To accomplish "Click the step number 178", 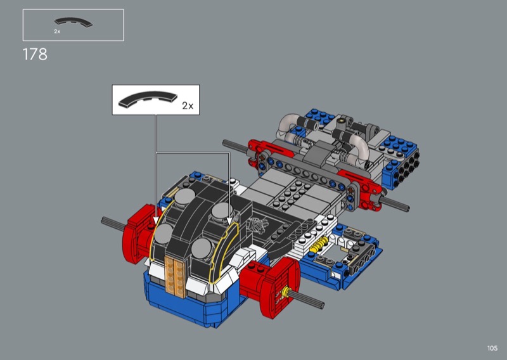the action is tap(35, 55).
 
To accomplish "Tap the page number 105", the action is tap(492, 348).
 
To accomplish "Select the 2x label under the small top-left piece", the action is tap(57, 32).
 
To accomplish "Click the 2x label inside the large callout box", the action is tap(188, 106).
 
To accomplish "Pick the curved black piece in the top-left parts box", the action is tap(74, 22).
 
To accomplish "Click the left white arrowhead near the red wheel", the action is tap(156, 221).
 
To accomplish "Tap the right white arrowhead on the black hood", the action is tap(229, 221).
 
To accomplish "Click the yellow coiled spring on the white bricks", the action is tap(319, 244).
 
